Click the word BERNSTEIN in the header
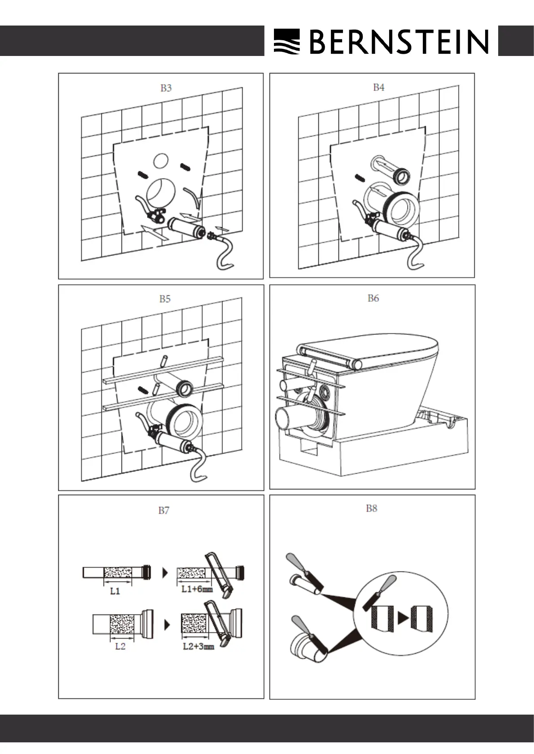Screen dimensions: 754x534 (399, 42)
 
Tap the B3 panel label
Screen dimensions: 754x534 (166, 88)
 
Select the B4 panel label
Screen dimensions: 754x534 (378, 87)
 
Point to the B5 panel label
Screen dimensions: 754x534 (165, 299)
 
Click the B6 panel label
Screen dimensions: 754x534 (373, 298)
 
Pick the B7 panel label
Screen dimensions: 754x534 (164, 510)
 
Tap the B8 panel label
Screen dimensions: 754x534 (371, 508)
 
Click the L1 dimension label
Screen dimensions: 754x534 (115, 591)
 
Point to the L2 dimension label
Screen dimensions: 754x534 (120, 646)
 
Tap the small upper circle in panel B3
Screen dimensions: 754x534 (161, 161)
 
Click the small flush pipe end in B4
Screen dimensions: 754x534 (401, 176)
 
